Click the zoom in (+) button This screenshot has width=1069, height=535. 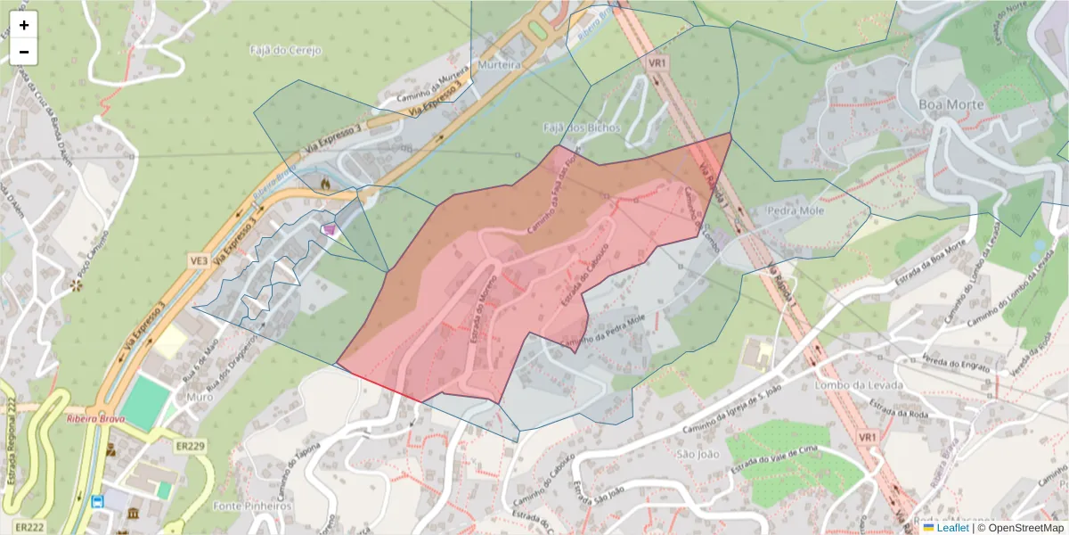click(24, 25)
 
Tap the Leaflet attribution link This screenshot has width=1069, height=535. click(952, 528)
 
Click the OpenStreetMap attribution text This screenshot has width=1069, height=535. click(1025, 528)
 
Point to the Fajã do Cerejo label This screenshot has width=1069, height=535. click(286, 50)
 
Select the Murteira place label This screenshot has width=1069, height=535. click(499, 66)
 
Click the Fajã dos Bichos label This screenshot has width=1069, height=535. click(581, 128)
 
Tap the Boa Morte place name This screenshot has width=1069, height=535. click(951, 104)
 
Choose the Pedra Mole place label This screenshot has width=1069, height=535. click(796, 211)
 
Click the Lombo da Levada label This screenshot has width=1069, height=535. click(859, 385)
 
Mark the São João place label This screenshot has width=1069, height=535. click(698, 454)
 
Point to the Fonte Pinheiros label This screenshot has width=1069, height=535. click(253, 506)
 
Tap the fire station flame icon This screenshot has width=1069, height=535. click(326, 184)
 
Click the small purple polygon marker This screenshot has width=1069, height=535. click(330, 230)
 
